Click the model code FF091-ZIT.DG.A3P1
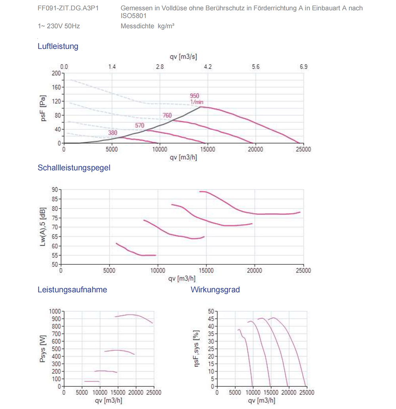[x=68, y=8]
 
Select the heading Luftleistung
[x=58, y=46]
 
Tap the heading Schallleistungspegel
[x=74, y=168]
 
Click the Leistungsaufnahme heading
[x=72, y=290]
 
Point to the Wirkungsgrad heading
[x=215, y=290]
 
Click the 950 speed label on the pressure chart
[x=194, y=96]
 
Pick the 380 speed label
[x=112, y=132]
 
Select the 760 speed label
[x=167, y=115]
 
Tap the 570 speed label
[x=139, y=126]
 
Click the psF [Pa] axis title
[x=43, y=108]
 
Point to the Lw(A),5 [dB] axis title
[x=43, y=227]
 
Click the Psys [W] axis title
[x=42, y=349]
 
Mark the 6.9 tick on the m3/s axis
[x=303, y=67]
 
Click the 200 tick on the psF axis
[x=56, y=73]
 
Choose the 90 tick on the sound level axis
[x=55, y=189]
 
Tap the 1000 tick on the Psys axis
[x=55, y=311]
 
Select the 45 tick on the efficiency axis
[x=211, y=319]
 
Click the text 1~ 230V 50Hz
[x=59, y=26]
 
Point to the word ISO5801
[x=133, y=16]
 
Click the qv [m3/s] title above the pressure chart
[x=183, y=57]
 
